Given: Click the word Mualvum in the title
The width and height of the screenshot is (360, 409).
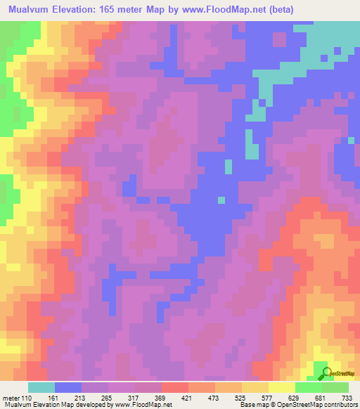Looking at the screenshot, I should click(29, 10).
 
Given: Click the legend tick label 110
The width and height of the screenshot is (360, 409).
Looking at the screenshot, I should click(27, 398).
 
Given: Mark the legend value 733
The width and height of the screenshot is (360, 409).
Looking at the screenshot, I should click(347, 398).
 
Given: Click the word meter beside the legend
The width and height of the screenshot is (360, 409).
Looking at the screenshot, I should click(11, 398).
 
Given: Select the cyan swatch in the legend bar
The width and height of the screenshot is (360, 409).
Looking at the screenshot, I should click(41, 387).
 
